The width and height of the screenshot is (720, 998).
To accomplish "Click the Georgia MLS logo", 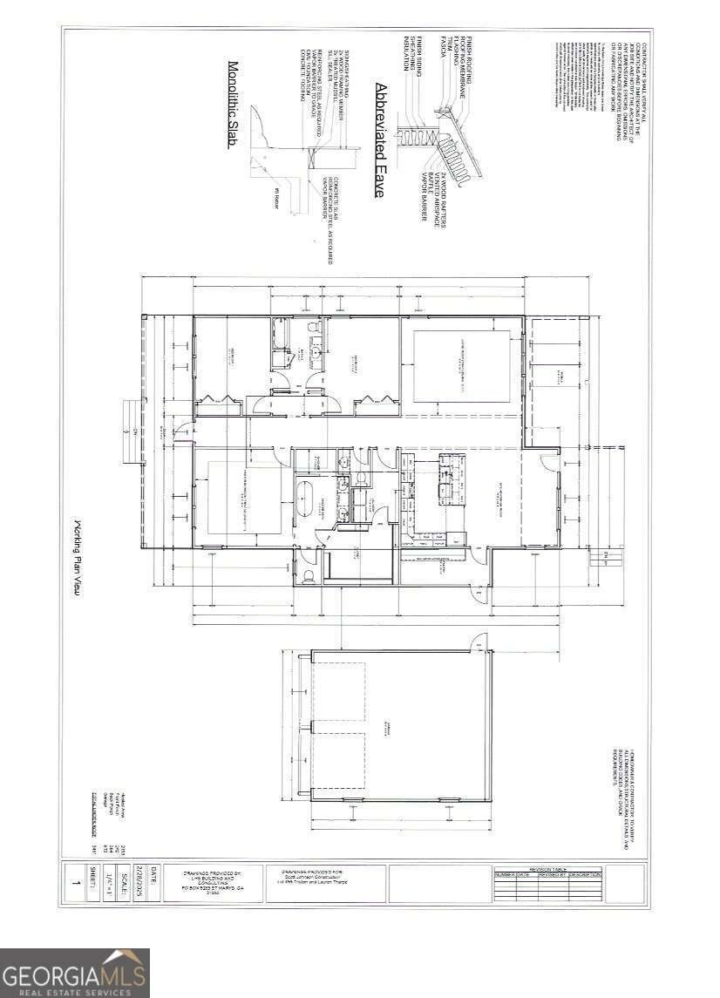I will click(x=75, y=973).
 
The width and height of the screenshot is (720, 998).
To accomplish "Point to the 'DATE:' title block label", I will click(x=154, y=872).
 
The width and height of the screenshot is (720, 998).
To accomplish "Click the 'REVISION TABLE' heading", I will click(x=548, y=868).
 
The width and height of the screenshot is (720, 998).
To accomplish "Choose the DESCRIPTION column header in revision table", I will click(x=585, y=874).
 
